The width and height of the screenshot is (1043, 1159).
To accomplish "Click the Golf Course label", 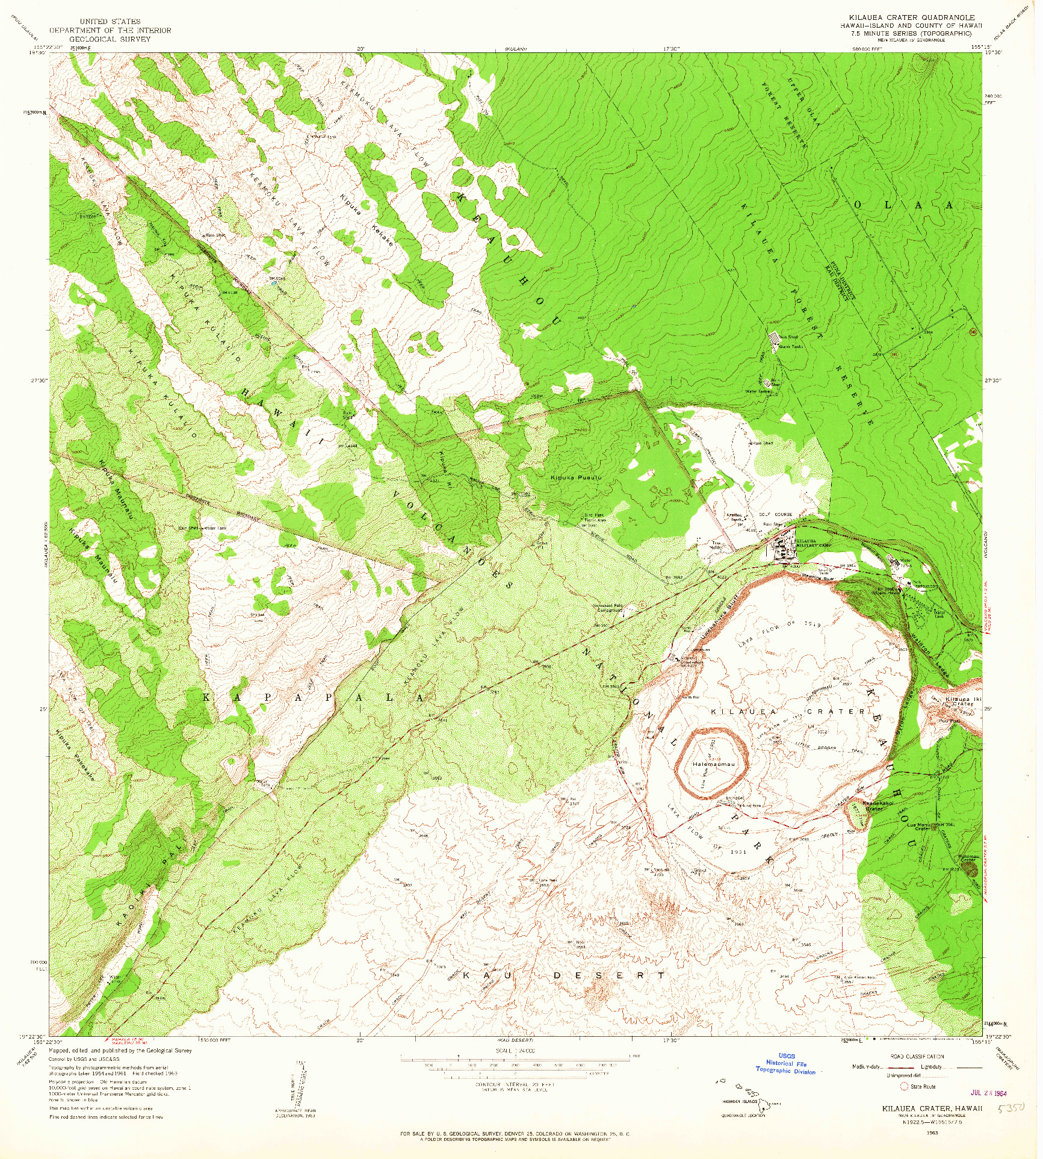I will point(776,514).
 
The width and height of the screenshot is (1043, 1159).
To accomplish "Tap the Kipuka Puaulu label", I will point(575,477).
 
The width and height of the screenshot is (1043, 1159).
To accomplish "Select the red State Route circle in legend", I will point(903,1086).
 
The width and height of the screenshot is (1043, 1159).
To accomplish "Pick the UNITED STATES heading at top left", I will point(110,21).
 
